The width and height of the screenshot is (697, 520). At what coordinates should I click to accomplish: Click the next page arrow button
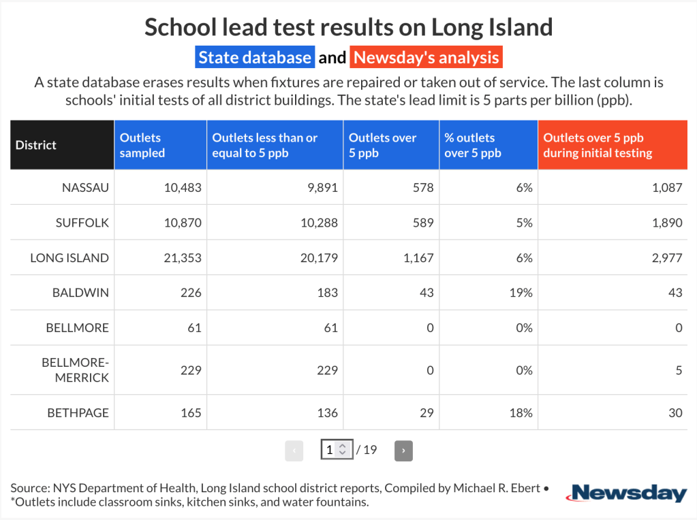403,450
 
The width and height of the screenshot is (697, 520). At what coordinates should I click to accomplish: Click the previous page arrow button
294,450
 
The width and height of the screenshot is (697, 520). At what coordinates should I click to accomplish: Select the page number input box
336,450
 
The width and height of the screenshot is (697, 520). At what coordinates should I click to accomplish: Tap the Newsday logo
628,493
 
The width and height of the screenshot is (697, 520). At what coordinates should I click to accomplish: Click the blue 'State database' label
255,57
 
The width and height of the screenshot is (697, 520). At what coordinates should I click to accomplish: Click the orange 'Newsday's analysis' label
426,57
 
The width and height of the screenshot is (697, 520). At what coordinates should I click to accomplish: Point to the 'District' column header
36,145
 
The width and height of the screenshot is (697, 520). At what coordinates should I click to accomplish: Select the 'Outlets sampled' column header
142,145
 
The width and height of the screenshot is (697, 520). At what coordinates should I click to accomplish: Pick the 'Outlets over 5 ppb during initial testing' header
598,145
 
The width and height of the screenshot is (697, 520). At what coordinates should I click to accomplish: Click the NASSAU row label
85,187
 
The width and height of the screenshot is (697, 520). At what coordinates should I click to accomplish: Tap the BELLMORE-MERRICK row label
75,370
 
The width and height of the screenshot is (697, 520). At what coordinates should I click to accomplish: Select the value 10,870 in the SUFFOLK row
183,223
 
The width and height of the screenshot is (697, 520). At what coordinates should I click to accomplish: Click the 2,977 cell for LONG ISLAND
666,258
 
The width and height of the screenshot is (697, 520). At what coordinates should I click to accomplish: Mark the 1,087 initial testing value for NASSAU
666,187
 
